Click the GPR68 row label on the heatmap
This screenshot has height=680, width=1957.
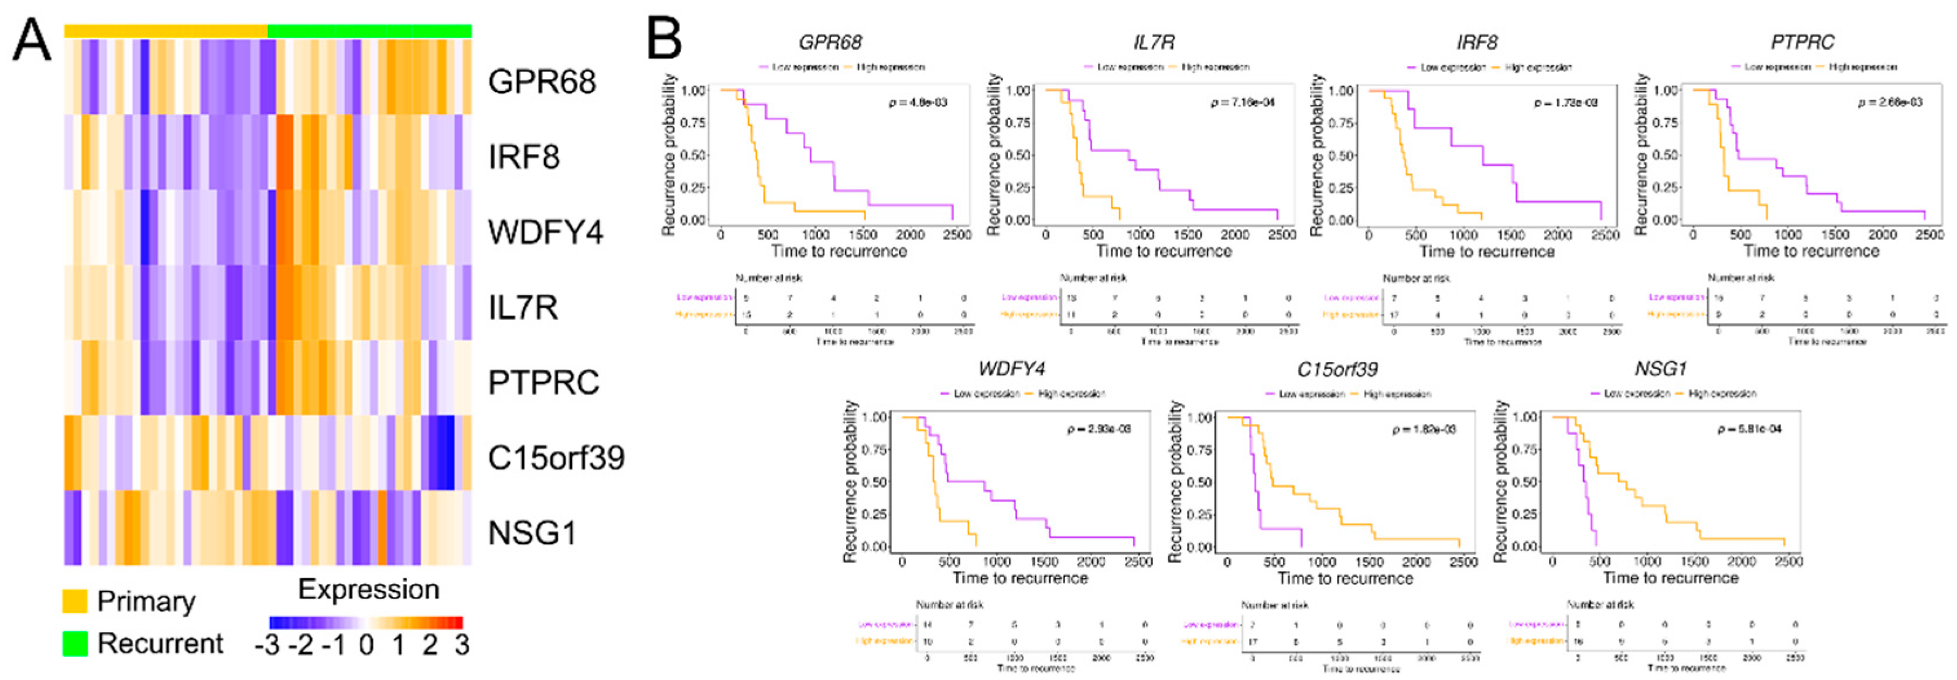click(542, 82)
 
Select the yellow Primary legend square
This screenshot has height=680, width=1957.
click(74, 601)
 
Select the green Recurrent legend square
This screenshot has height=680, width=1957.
click(74, 644)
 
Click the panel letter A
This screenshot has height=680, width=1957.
click(32, 41)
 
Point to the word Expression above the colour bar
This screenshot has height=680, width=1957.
click(368, 590)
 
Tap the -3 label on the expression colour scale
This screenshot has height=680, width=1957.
click(266, 646)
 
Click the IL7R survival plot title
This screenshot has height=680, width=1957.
click(1154, 43)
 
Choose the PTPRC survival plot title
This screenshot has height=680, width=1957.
click(1802, 43)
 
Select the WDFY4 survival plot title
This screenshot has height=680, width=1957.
click(1011, 369)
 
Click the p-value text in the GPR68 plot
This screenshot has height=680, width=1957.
click(918, 102)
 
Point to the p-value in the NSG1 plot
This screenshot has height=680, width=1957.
click(1749, 429)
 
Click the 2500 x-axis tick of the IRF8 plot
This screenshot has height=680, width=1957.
click(1605, 235)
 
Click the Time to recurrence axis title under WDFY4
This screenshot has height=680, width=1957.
click(1020, 578)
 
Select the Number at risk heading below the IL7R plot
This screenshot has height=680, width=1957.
click(1093, 278)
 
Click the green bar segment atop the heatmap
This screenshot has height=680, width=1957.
click(369, 30)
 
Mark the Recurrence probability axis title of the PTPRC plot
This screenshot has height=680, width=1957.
click(1641, 154)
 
